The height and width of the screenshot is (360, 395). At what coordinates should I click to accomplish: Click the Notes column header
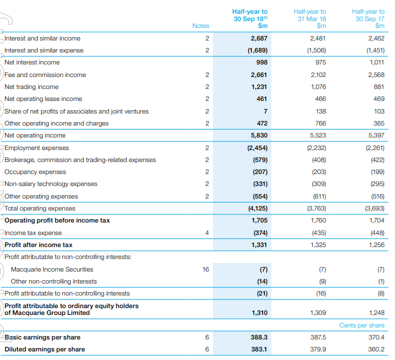201,26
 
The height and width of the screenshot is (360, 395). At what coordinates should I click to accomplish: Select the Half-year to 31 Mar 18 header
310,19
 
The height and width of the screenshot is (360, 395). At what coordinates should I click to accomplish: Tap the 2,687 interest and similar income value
259,38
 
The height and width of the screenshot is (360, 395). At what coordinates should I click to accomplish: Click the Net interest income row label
32,62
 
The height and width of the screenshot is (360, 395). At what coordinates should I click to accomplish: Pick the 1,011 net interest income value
377,62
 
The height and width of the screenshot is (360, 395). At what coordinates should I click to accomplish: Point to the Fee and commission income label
45,75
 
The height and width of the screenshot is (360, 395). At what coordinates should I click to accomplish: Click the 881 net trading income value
379,87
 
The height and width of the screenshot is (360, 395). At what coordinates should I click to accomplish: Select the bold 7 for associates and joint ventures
266,111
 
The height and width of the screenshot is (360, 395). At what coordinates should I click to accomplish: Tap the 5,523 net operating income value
318,135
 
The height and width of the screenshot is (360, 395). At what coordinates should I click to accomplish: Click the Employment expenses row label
36,148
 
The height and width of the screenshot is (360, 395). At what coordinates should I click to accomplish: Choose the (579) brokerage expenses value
260,160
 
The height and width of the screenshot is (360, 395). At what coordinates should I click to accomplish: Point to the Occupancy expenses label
35,172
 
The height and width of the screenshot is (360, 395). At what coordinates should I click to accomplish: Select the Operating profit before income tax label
57,220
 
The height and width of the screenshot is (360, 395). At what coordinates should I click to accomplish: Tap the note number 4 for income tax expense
207,233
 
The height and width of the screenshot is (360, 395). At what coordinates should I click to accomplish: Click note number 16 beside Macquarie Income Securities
206,269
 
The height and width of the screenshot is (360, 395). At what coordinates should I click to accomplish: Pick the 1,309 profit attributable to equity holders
319,313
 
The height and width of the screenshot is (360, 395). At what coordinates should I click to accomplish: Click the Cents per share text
362,325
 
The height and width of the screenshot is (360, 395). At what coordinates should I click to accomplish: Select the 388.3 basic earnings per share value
259,337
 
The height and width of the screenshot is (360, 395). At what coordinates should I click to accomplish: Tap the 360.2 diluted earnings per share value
376,349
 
